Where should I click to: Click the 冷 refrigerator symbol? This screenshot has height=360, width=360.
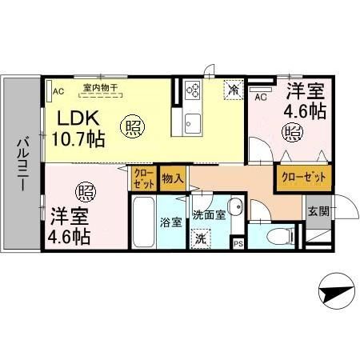coord(233,90)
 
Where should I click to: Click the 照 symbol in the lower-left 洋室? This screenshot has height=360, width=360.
coord(85,192)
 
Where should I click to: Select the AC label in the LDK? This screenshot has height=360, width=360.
coord(58,91)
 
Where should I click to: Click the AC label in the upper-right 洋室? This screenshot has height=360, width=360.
coord(259,97)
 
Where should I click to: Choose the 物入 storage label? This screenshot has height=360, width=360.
coord(172,178)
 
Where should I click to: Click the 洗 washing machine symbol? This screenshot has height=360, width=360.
coord(201,237)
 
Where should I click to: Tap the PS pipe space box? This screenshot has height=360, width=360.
coord(238,243)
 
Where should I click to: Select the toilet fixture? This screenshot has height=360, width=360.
coord(274,236)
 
